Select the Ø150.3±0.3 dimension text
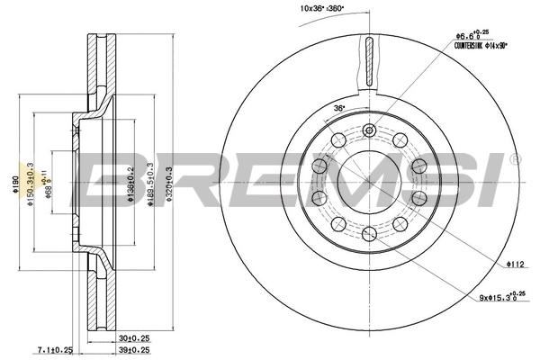pyautogui.click(x=31, y=183)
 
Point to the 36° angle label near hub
pyautogui.click(x=339, y=109)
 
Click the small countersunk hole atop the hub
pyautogui.click(x=368, y=131)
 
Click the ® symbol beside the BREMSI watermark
pyautogui.click(x=514, y=160)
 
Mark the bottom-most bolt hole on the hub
pyautogui.click(x=368, y=233)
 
